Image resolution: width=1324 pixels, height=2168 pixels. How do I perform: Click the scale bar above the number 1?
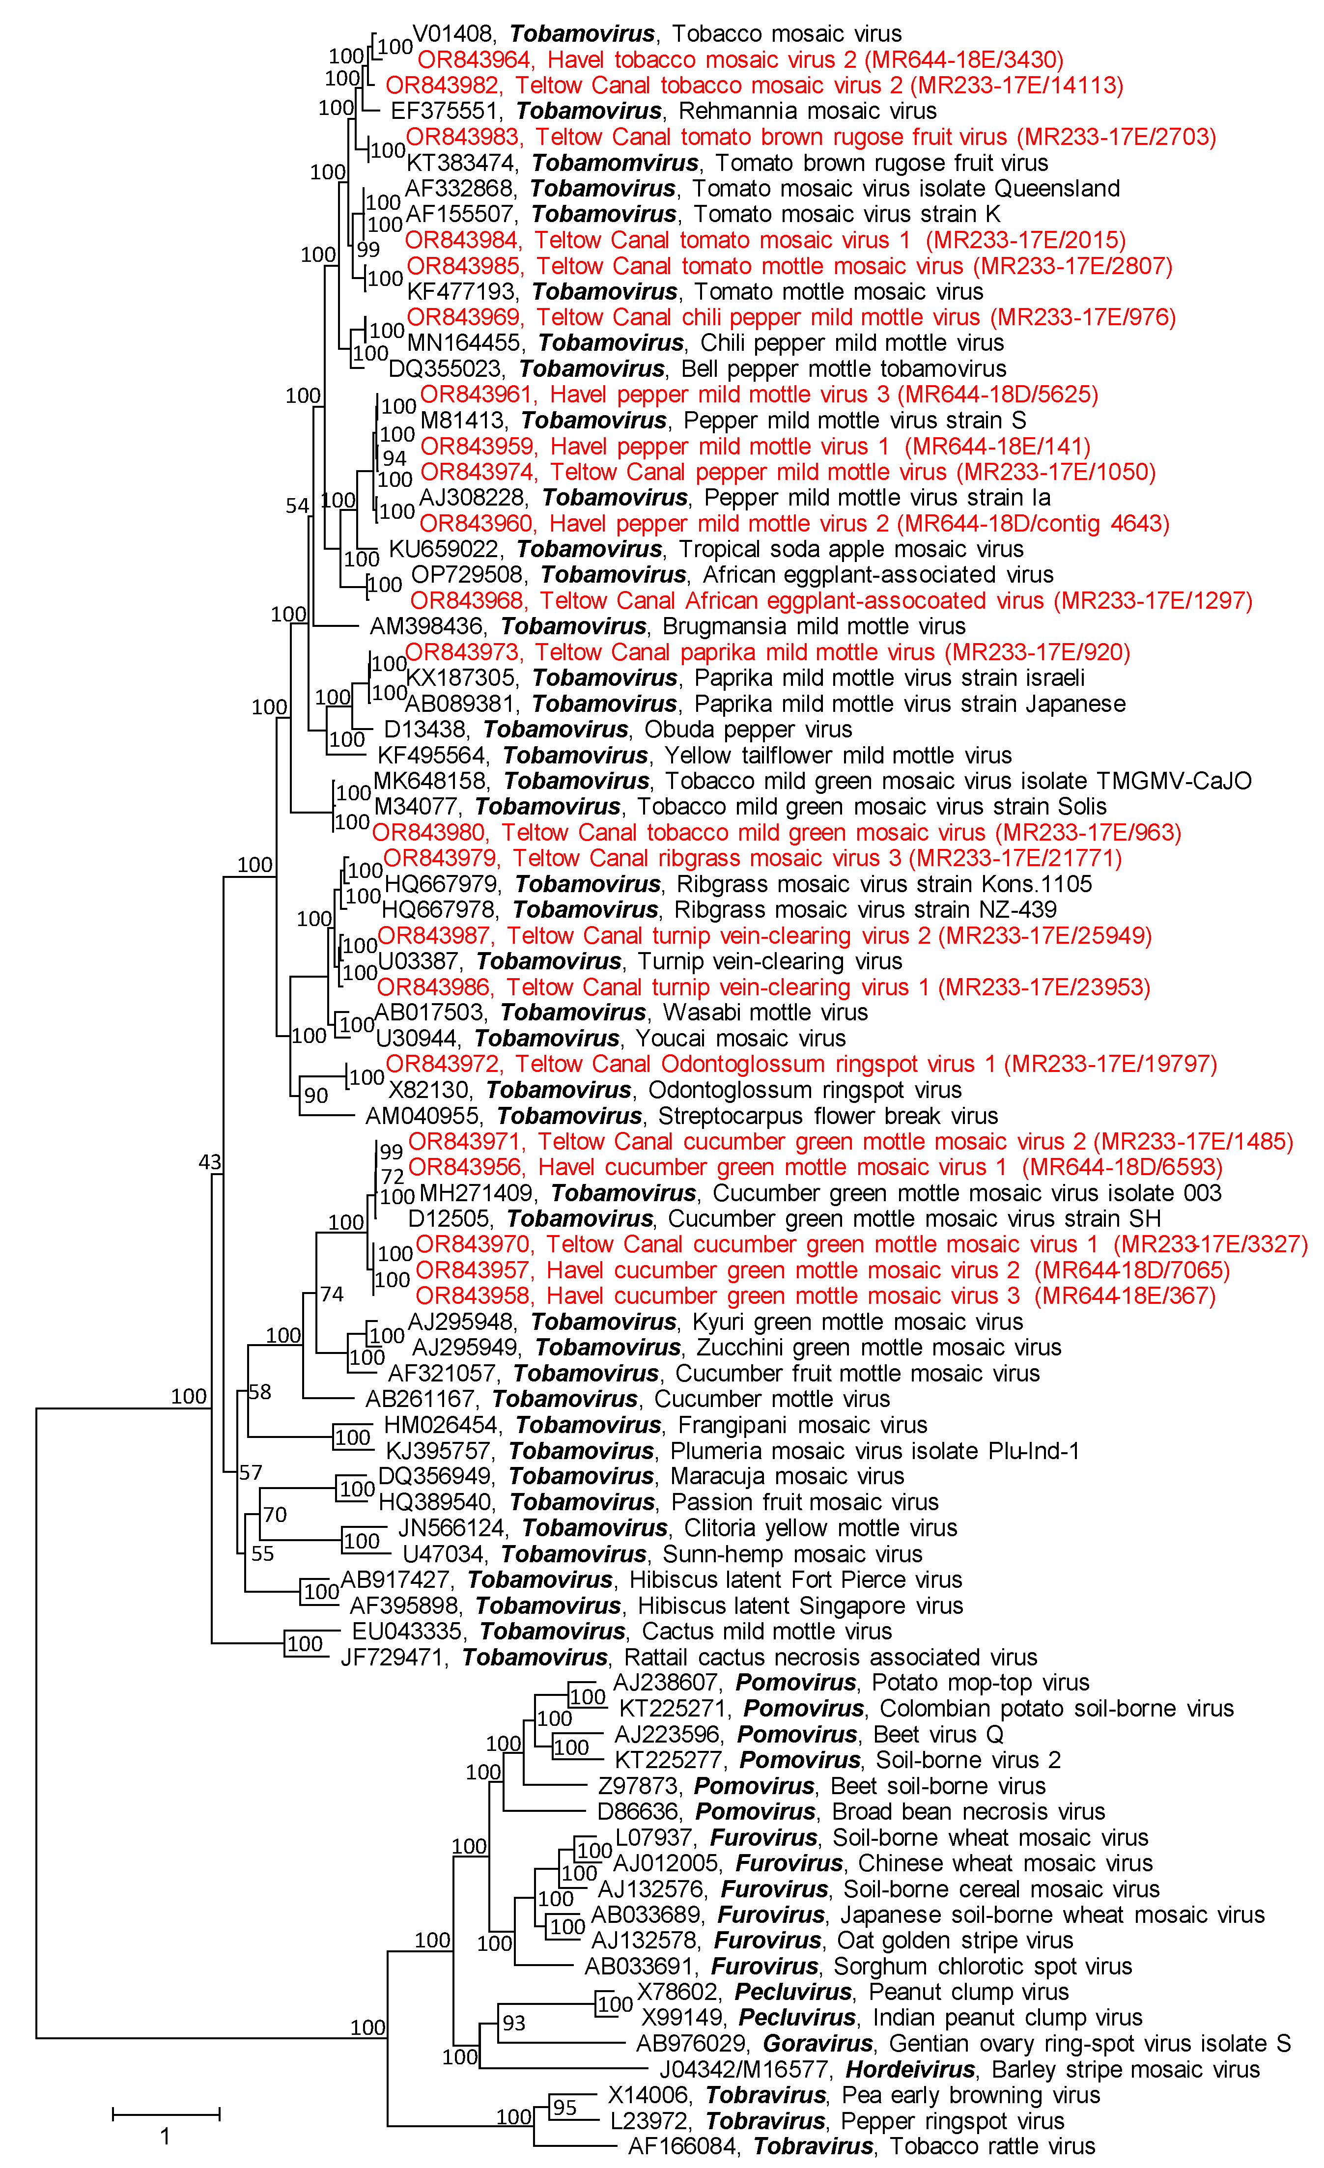(x=166, y=2113)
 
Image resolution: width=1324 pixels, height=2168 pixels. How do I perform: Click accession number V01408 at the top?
(x=452, y=33)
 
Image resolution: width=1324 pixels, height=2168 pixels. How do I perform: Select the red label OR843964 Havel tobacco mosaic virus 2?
(x=739, y=60)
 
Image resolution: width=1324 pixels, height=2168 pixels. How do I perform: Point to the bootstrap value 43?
(x=209, y=1162)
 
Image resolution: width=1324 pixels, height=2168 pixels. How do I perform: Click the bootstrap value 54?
(x=297, y=506)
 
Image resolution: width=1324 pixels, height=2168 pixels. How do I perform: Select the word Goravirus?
(x=817, y=2043)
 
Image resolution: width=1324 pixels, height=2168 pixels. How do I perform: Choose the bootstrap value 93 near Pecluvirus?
(x=514, y=2023)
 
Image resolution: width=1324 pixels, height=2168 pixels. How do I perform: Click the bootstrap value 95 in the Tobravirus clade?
(x=565, y=2107)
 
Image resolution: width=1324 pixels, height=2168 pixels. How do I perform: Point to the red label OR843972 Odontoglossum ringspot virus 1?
(x=801, y=1064)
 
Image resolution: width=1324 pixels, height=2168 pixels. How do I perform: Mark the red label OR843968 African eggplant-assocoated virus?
(x=830, y=601)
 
